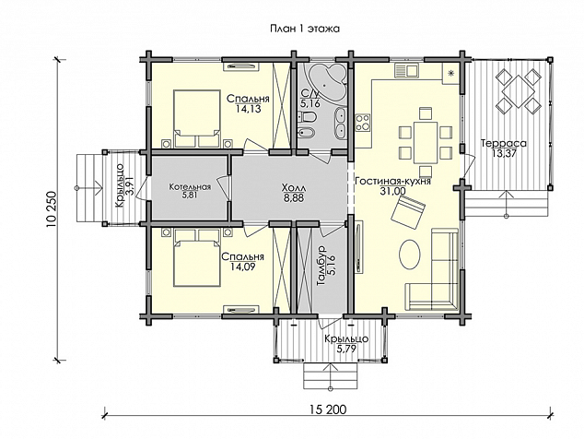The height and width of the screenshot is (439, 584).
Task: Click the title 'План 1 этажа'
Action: [x=305, y=29]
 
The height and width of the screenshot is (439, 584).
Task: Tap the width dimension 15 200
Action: [x=327, y=409]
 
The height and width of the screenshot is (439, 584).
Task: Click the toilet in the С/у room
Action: [x=308, y=117]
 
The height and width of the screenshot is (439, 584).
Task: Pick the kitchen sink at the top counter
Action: [x=406, y=70]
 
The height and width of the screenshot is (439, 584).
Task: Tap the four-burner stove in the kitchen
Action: [x=363, y=123]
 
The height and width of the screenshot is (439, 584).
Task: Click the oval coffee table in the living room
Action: [x=410, y=254]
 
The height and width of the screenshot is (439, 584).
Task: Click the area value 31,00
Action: [x=393, y=191]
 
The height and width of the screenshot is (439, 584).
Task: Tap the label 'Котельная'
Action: [x=190, y=187]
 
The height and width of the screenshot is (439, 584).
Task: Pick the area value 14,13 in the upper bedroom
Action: [x=248, y=109]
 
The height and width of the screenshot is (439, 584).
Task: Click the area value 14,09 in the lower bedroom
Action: [x=243, y=267]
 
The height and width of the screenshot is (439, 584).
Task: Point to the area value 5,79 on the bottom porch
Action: [x=346, y=350]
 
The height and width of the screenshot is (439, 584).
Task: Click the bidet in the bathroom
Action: [x=308, y=132]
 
